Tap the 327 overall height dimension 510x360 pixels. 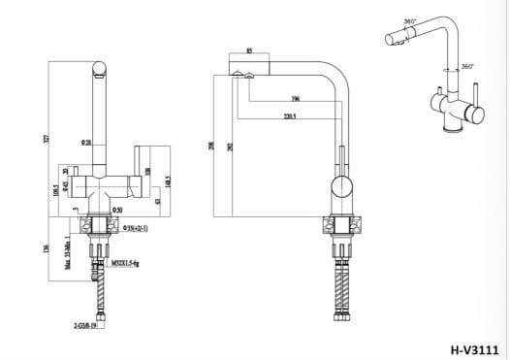[44, 139]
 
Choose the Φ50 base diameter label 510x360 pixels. [115, 210]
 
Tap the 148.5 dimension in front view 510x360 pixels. [168, 180]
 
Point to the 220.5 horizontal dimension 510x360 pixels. [290, 116]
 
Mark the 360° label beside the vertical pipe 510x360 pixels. [467, 67]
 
